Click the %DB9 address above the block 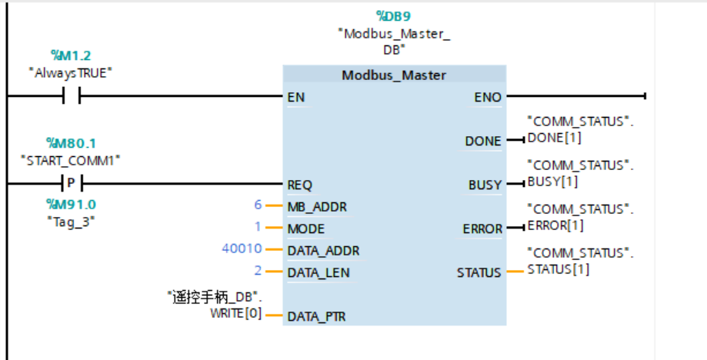pos(393,15)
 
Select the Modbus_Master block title pos(394,75)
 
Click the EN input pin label pos(295,98)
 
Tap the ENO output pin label pos(488,98)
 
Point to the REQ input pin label pos(299,185)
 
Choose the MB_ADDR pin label pos(317,207)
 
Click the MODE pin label pos(305,228)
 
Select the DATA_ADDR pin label pos(323,251)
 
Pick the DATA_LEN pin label pos(318,272)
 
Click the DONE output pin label pos(483,142)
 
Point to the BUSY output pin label pos(485,185)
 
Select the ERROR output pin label pos(482,229)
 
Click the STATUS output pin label pos(479,272)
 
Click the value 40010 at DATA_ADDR pos(242,249)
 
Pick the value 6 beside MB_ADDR pos(258,205)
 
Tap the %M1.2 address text pos(70,55)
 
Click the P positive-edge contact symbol pos(71,185)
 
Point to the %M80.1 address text pos(70,143)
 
